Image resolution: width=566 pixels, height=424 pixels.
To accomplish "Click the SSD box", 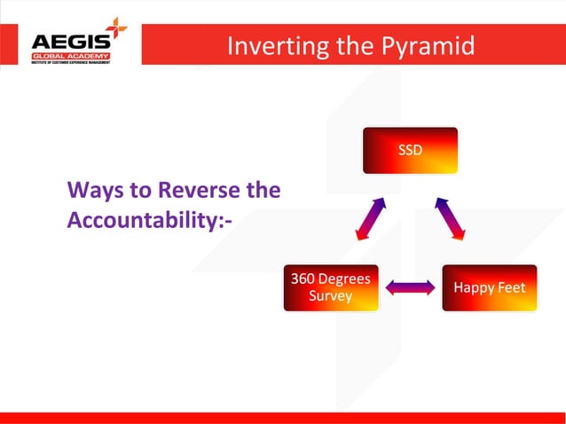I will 410,150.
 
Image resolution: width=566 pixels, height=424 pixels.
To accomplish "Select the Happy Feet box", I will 490,287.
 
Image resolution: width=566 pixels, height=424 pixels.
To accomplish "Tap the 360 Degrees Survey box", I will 331,287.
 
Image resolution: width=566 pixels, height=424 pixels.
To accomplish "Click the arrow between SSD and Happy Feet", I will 450,218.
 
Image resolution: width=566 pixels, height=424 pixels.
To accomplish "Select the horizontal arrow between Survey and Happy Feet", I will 410,287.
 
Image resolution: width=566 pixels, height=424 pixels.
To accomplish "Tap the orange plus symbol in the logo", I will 116,28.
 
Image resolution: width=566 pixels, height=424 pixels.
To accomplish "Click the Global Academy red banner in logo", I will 71,57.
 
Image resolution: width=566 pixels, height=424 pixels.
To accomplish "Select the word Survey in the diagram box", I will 330,296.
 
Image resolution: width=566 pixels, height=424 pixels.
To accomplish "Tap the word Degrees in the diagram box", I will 345,279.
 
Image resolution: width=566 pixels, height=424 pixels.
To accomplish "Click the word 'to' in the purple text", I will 139,190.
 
